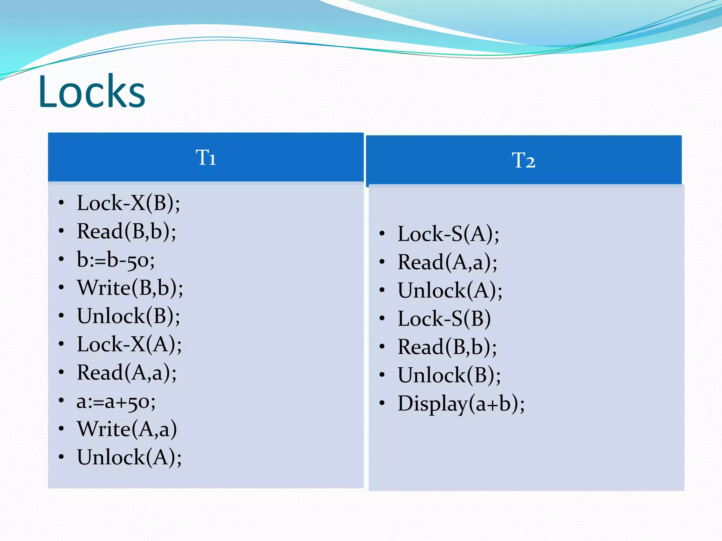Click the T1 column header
click(206, 157)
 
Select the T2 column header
click(524, 160)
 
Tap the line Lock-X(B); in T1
click(128, 203)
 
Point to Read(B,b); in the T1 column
click(127, 231)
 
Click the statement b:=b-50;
click(116, 260)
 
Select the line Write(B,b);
click(130, 288)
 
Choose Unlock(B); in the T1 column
click(128, 316)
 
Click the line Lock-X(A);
click(129, 344)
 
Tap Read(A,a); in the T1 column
click(127, 373)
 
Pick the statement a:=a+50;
click(116, 402)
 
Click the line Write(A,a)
click(127, 429)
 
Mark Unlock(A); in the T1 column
click(129, 457)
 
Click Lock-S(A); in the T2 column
click(448, 234)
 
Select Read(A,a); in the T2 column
click(447, 262)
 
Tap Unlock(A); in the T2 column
click(450, 291)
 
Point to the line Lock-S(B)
click(444, 319)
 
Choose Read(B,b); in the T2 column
click(447, 347)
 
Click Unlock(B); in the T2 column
click(449, 375)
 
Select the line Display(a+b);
click(461, 404)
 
